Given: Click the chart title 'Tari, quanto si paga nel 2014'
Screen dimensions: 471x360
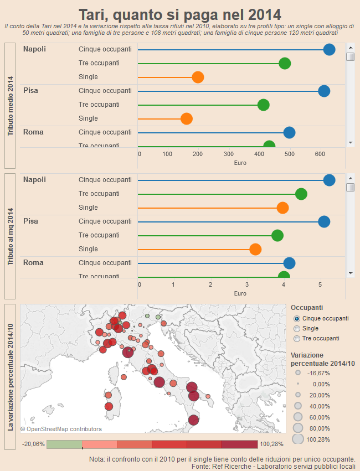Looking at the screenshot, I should [x=179, y=14].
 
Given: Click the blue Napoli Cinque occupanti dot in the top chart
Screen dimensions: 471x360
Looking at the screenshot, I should [x=329, y=49].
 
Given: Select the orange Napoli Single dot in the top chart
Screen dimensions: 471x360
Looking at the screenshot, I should [x=198, y=77].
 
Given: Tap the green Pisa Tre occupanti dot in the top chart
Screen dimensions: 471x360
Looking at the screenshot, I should [x=264, y=105].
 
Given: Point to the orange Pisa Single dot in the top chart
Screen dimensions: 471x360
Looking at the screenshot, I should [x=187, y=118].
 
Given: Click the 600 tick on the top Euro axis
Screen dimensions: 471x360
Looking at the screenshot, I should [x=320, y=154].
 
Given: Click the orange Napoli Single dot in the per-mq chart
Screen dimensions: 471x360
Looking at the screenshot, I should [x=282, y=208].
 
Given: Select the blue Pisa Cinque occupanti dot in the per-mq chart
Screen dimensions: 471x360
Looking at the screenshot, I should [x=324, y=221].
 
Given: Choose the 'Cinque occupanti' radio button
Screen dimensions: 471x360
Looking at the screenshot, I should [x=297, y=319].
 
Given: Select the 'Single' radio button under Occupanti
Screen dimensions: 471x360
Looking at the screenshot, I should [x=297, y=329].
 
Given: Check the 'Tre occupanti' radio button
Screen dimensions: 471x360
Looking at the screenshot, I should [x=297, y=339].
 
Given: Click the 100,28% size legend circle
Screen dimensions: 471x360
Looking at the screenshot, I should [x=298, y=439].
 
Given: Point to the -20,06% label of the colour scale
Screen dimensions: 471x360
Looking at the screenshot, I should [x=33, y=444].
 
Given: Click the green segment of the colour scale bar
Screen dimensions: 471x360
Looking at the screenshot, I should [x=64, y=444].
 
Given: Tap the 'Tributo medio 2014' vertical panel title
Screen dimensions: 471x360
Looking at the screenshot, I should [x=10, y=106].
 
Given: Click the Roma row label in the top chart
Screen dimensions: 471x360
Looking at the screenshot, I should [x=33, y=132].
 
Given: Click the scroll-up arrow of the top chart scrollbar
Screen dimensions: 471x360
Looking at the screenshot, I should [x=350, y=46].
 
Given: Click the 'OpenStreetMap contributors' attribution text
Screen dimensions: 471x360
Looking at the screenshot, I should [x=61, y=429].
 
